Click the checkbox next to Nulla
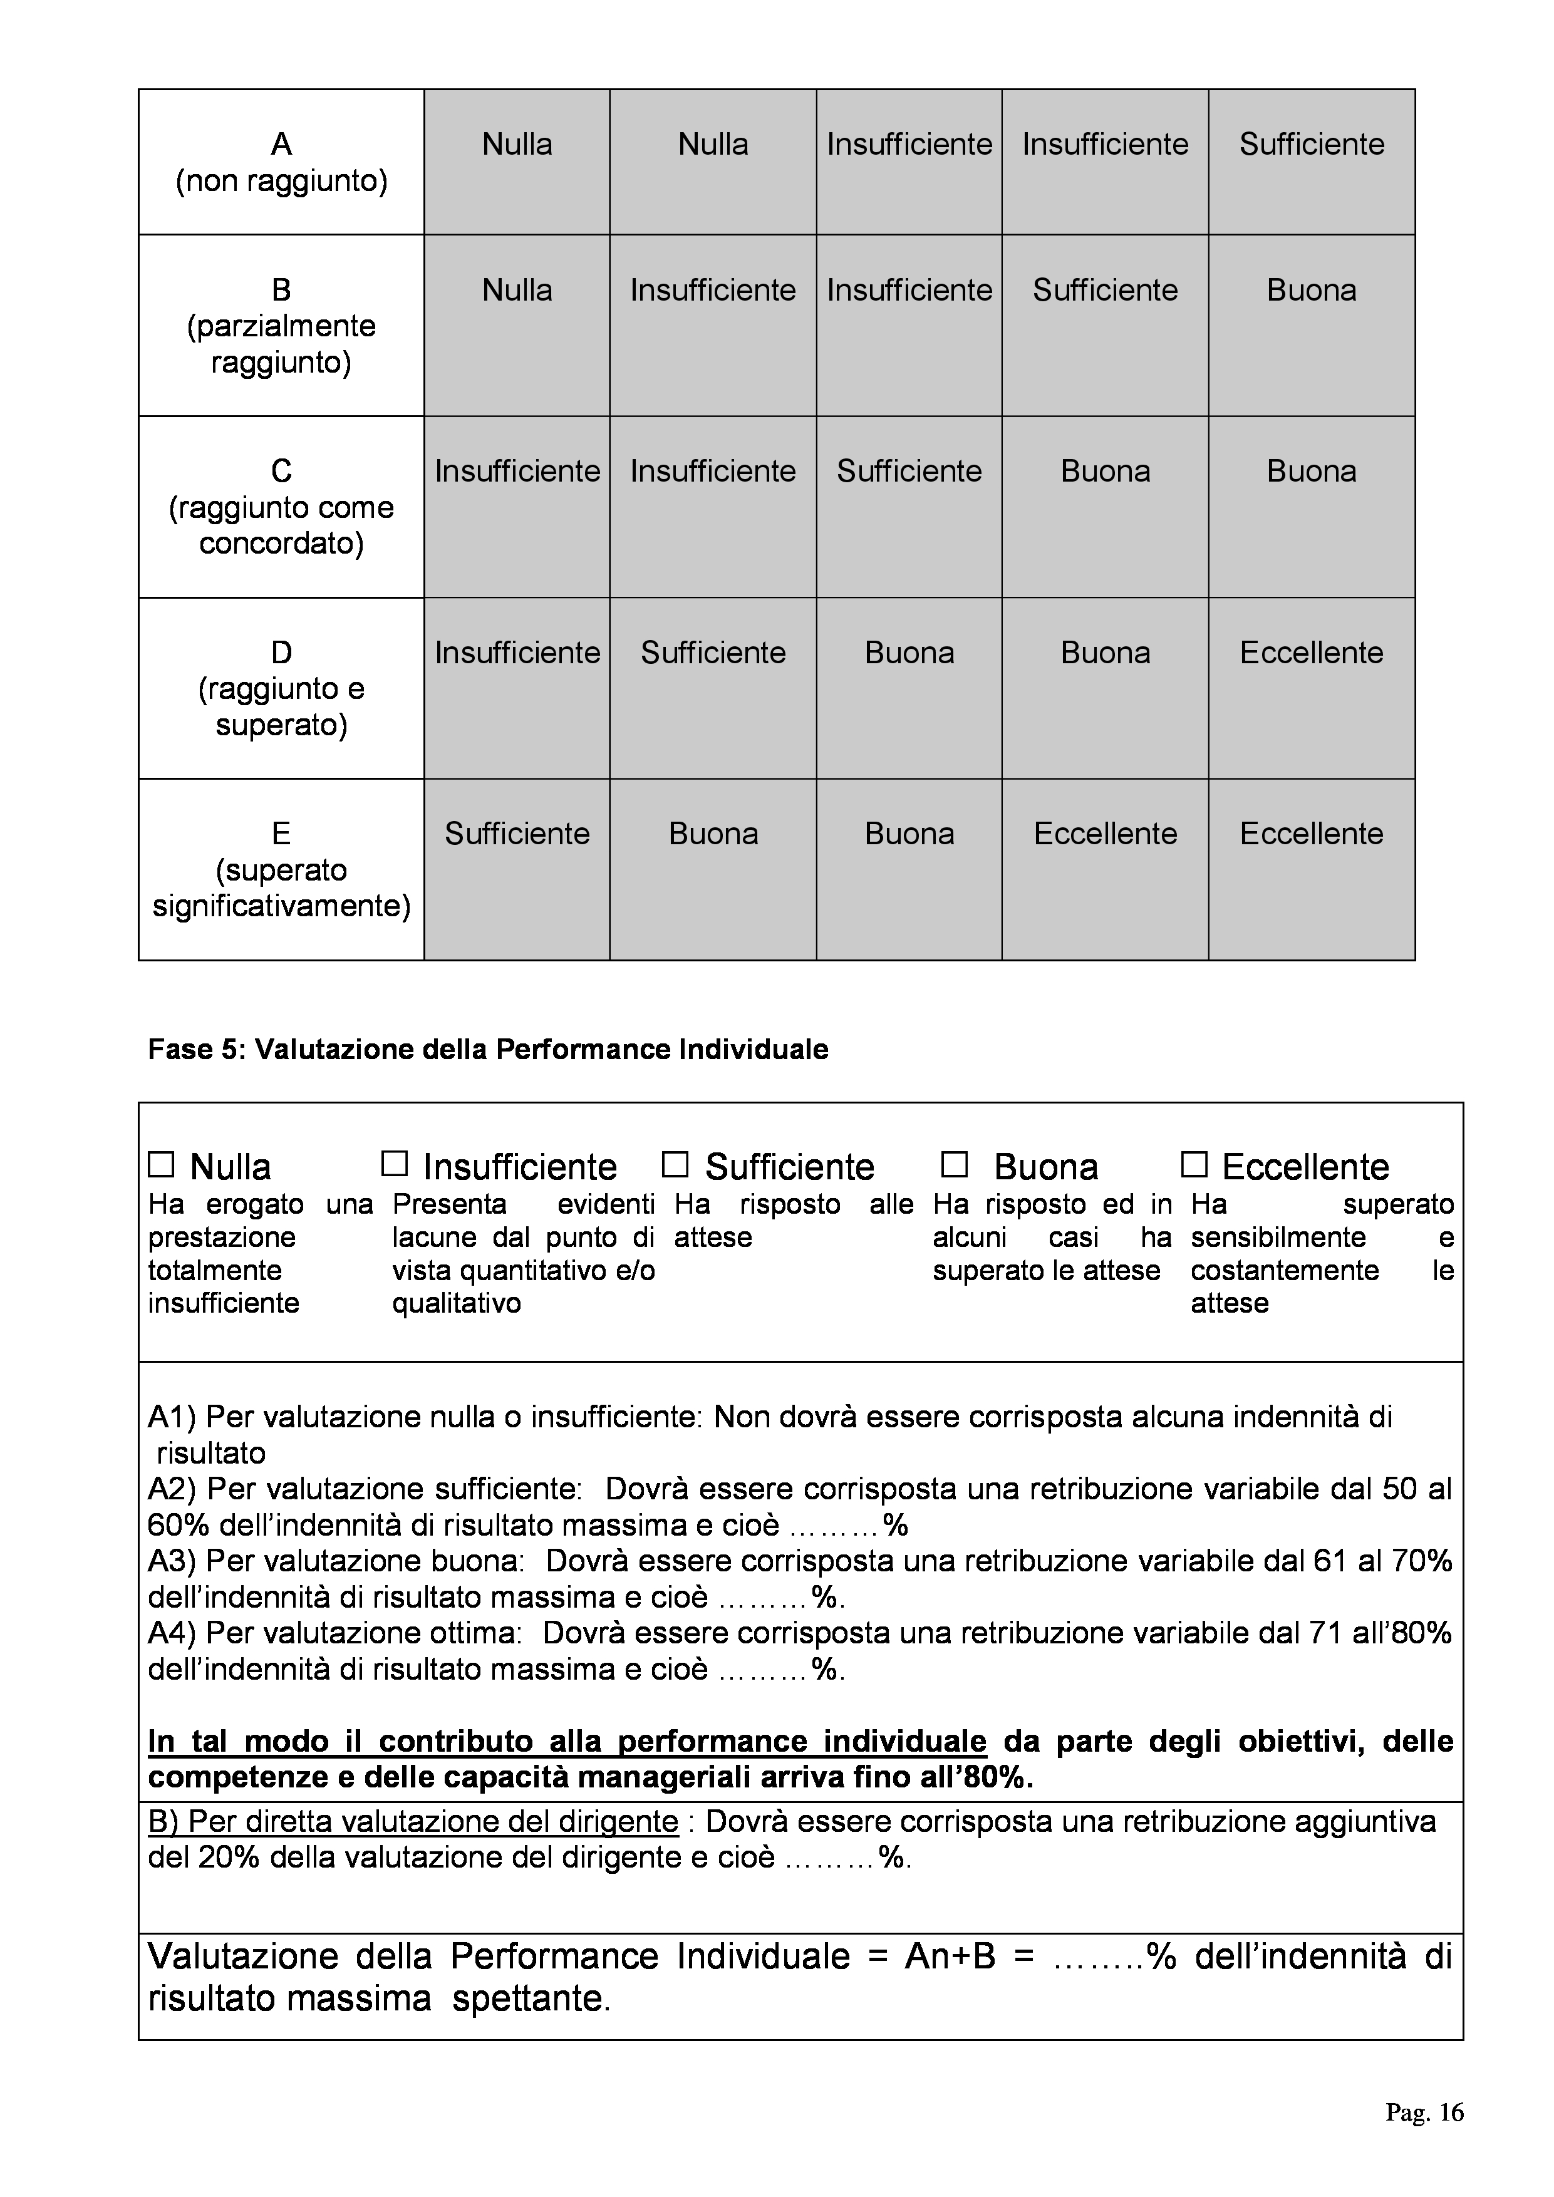pos(161,1164)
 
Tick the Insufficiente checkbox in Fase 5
pos(394,1164)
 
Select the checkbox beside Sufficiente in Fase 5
pos(676,1164)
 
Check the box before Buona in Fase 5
pos(954,1164)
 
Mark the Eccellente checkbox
pos(1194,1164)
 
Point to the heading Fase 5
pos(487,1050)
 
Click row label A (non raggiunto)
pos(281,162)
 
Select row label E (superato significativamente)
pos(281,869)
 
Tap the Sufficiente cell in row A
pos(1311,145)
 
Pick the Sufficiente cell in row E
pos(517,834)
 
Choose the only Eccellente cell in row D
pos(1311,653)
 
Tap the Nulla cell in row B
pos(517,290)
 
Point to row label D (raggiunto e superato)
pos(281,688)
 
